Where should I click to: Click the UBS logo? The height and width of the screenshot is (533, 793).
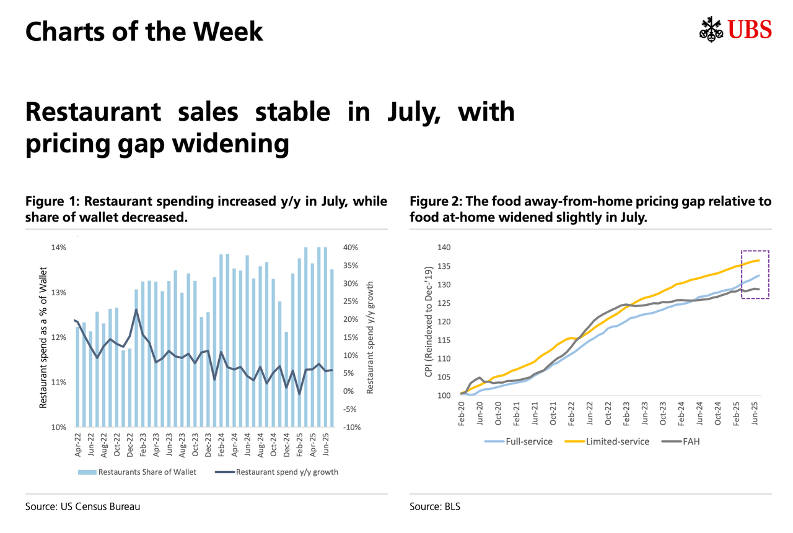point(736,29)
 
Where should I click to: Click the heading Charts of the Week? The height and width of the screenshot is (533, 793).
point(144,32)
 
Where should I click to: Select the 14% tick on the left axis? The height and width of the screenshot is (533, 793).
point(59,248)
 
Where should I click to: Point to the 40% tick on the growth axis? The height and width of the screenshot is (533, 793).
point(350,248)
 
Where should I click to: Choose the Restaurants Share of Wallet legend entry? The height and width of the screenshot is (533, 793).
point(138,472)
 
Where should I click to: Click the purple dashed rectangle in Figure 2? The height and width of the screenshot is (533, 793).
point(755,251)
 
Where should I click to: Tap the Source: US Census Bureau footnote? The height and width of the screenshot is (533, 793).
point(82,506)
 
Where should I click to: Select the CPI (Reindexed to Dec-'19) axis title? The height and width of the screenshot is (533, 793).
point(427,321)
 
